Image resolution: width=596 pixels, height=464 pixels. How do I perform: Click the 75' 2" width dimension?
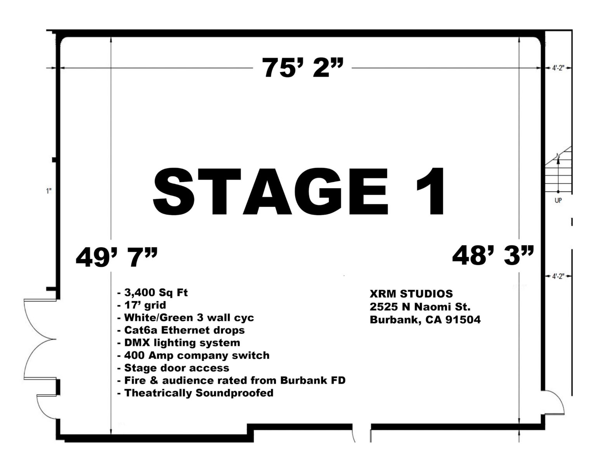click(303, 68)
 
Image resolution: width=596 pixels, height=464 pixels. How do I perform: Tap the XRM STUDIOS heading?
click(411, 294)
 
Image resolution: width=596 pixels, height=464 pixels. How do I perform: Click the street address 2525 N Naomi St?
click(420, 307)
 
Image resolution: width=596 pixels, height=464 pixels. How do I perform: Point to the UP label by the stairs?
click(558, 201)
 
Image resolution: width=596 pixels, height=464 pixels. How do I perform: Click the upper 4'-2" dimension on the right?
click(558, 68)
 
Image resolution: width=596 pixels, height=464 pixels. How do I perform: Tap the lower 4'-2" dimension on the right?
click(558, 276)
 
